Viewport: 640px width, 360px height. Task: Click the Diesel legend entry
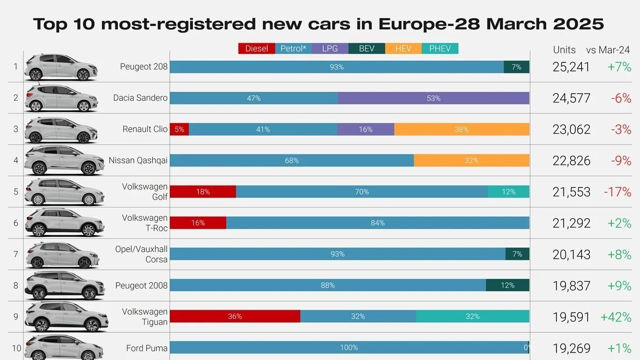pyautogui.click(x=257, y=49)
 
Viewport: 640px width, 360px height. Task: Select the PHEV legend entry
pyautogui.click(x=440, y=49)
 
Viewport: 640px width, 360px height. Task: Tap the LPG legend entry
pyautogui.click(x=330, y=49)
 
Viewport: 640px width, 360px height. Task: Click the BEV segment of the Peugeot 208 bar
pyautogui.click(x=516, y=67)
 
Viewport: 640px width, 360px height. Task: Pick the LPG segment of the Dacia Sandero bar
pyautogui.click(x=433, y=98)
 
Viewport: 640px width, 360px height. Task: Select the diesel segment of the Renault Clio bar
pyautogui.click(x=179, y=129)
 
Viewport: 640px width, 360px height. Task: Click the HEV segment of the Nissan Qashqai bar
pyautogui.click(x=471, y=161)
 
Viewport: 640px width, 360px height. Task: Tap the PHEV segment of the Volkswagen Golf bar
pyautogui.click(x=508, y=191)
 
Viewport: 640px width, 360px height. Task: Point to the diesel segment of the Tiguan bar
pyautogui.click(x=235, y=316)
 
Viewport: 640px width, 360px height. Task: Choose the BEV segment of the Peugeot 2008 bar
pyautogui.click(x=507, y=285)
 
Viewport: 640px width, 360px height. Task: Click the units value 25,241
pyautogui.click(x=571, y=67)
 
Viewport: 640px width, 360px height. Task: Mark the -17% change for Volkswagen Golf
pyautogui.click(x=617, y=192)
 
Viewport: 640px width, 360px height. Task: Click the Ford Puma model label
pyautogui.click(x=147, y=348)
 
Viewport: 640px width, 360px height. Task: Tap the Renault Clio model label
pyautogui.click(x=145, y=129)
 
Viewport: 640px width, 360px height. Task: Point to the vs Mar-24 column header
pyautogui.click(x=608, y=50)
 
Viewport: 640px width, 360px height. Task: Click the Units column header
pyautogui.click(x=564, y=50)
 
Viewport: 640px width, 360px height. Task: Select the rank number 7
pyautogui.click(x=16, y=254)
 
